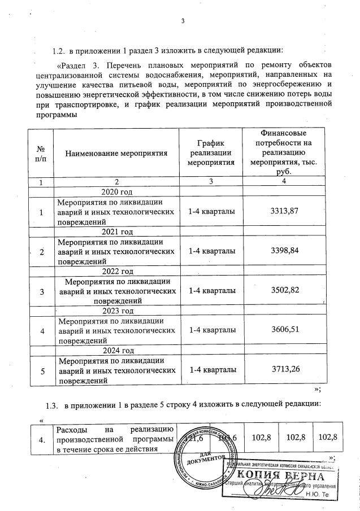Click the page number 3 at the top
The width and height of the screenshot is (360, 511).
[183, 22]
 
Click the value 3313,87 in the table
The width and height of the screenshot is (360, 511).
[284, 211]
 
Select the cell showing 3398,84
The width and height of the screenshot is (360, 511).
[284, 250]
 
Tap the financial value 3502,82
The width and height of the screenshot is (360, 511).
[284, 290]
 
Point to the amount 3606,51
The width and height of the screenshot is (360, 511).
[284, 330]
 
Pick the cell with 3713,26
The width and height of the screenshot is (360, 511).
[284, 369]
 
